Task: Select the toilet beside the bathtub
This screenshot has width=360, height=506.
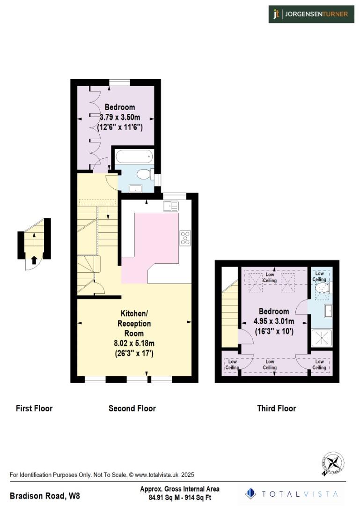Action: [143, 175]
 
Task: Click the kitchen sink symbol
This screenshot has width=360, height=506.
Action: [171, 205]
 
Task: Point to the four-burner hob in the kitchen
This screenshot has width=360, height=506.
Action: [185, 238]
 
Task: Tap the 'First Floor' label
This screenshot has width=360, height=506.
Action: [34, 409]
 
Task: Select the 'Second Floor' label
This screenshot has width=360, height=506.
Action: [132, 409]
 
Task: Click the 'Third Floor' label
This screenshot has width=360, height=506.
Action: [276, 409]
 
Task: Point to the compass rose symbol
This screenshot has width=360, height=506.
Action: [333, 464]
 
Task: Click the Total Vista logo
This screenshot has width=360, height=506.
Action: [293, 493]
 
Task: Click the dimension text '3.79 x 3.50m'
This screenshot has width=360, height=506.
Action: [120, 117]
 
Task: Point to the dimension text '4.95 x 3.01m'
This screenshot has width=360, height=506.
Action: [274, 321]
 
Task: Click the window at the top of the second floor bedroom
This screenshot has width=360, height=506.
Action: [120, 82]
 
